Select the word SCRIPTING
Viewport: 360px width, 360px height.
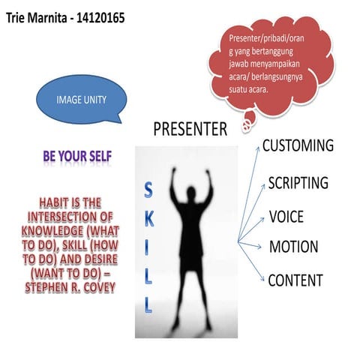(x=298, y=183)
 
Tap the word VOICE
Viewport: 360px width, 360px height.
(x=286, y=217)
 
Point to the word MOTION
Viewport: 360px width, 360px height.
(x=293, y=247)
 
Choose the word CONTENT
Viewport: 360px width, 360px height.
(x=295, y=281)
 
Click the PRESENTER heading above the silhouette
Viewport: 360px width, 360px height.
(x=190, y=130)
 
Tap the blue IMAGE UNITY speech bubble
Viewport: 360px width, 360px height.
(x=81, y=99)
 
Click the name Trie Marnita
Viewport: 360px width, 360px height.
(x=36, y=14)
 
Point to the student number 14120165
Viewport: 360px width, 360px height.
(x=105, y=14)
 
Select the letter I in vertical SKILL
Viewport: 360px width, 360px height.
(x=147, y=250)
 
